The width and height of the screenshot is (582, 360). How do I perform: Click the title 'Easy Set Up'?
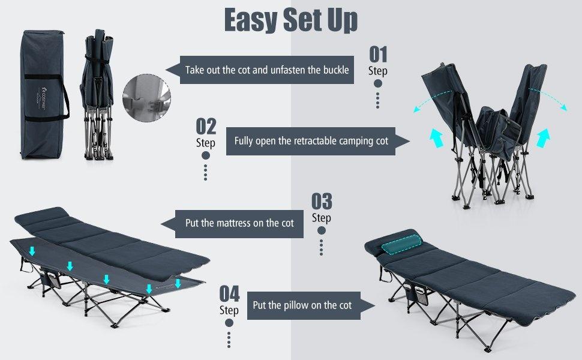[291, 20]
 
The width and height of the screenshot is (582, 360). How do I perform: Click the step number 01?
[377, 55]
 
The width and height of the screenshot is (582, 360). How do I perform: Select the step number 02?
[206, 126]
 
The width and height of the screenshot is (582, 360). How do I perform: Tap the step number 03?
[322, 201]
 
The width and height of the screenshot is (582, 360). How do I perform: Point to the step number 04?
[229, 294]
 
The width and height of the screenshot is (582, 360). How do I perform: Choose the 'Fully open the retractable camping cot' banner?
[311, 141]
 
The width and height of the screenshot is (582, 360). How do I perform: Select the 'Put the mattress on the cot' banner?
[239, 223]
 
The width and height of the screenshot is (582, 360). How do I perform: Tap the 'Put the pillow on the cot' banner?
[302, 305]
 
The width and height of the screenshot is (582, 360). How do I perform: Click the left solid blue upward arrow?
[437, 137]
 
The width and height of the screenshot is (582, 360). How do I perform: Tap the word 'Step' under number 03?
[322, 218]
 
